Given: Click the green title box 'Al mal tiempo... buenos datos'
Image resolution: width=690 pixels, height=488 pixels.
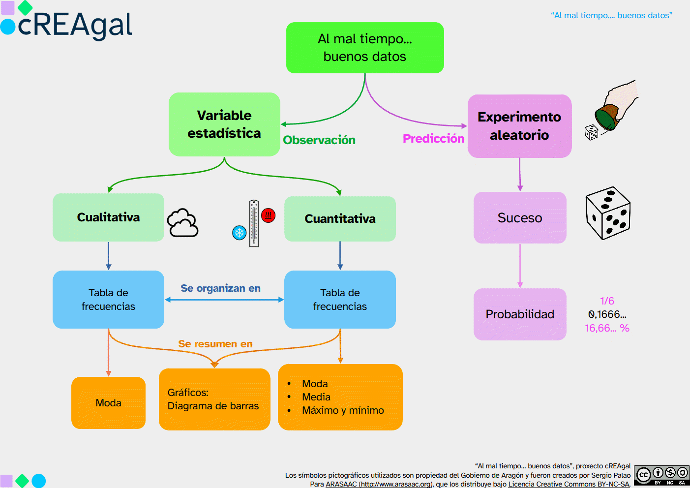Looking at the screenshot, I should (x=365, y=48).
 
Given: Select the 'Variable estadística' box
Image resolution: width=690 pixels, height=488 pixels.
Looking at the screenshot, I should (x=224, y=124).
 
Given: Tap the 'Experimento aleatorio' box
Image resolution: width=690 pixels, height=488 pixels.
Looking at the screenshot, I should (x=519, y=126).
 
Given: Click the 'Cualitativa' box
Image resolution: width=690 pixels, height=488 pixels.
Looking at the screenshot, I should (x=108, y=217).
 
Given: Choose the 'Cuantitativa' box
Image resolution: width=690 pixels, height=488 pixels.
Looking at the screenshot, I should (x=340, y=219).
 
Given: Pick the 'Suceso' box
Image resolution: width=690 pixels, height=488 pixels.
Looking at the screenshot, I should (x=520, y=218).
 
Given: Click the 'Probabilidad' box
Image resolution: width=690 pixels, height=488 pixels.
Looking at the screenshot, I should (x=520, y=314).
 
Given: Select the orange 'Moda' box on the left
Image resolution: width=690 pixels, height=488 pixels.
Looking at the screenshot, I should (x=108, y=403).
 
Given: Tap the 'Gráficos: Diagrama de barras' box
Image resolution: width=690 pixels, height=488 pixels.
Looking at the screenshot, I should (x=214, y=399).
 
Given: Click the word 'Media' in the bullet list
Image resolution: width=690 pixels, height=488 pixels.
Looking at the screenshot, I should (x=316, y=397).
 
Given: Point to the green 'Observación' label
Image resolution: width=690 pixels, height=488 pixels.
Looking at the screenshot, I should (x=319, y=140).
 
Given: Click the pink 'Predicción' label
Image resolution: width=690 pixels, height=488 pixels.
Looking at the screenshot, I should (x=433, y=139).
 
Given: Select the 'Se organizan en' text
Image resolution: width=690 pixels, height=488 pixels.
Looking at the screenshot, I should (x=220, y=288).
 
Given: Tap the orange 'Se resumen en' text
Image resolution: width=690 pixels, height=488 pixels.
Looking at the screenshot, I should (x=215, y=344).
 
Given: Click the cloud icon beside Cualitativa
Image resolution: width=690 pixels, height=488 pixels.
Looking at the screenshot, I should (x=183, y=223).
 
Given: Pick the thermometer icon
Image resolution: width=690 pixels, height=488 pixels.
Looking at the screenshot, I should (x=254, y=223).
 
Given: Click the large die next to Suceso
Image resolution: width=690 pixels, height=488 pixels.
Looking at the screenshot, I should (x=608, y=213).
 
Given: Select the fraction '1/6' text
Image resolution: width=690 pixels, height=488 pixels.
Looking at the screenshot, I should (x=607, y=301).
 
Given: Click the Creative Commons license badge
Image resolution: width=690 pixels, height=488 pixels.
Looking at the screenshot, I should (x=662, y=475).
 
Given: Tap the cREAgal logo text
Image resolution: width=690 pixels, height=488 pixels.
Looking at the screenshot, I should (x=75, y=25).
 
